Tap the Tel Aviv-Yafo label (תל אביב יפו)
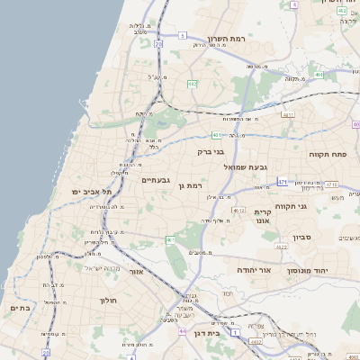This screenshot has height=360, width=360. [x=92, y=192]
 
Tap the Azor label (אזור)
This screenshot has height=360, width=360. [x=137, y=271]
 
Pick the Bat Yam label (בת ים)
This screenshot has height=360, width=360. [x=20, y=309]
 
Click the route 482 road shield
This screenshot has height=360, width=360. [x=193, y=84]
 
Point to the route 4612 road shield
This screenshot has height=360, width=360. [x=238, y=210]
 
